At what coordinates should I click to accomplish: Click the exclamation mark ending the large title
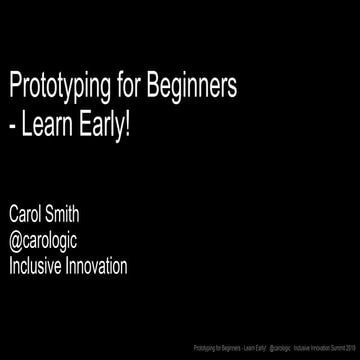click(129, 129)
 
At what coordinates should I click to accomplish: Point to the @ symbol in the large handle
click(16, 243)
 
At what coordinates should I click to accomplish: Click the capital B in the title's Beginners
click(153, 89)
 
